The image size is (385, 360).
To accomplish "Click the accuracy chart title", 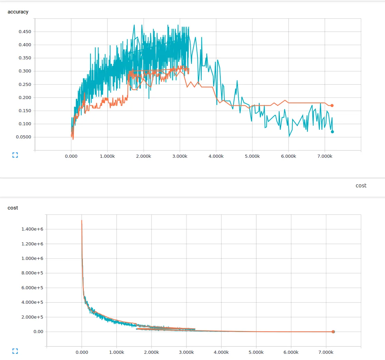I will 18,12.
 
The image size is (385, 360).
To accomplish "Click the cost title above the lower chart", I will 13,208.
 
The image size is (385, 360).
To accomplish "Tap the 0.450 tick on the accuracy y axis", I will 25,32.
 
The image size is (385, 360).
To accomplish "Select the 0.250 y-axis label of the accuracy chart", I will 25,85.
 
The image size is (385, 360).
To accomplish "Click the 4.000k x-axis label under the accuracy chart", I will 216,156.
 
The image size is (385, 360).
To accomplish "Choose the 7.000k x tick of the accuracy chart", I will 325,156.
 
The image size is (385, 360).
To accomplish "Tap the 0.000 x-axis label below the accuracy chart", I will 71,156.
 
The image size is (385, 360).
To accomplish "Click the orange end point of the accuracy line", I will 332,106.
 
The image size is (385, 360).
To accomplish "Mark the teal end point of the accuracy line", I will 332,132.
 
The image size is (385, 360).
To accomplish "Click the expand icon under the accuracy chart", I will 15,155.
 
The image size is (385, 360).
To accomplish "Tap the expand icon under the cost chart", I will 15,351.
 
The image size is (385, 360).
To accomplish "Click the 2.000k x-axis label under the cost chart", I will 151,352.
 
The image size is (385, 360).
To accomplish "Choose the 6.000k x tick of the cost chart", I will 291,352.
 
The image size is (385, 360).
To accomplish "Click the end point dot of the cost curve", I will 333,332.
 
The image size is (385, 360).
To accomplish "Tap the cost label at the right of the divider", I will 361,185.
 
